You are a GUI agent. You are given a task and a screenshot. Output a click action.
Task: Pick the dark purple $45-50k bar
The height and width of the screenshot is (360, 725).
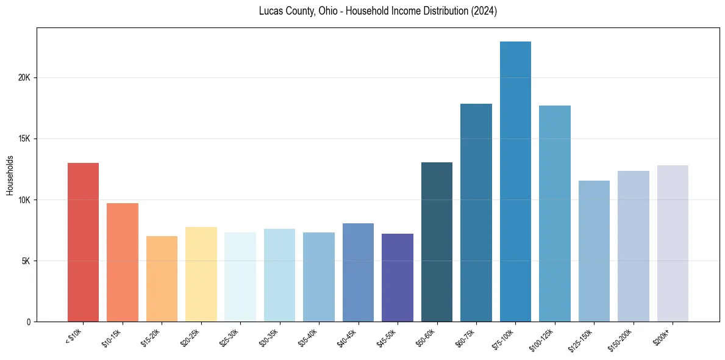click(398, 278)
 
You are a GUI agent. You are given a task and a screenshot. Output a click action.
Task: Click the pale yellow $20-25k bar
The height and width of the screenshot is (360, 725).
click(201, 274)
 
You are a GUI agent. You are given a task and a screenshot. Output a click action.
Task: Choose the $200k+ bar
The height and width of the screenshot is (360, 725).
click(673, 243)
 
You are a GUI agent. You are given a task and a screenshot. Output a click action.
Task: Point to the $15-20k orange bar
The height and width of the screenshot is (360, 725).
click(162, 279)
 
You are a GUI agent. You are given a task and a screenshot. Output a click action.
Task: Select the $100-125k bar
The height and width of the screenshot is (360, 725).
click(555, 214)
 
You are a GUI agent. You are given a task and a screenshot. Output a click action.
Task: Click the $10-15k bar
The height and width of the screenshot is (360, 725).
click(123, 262)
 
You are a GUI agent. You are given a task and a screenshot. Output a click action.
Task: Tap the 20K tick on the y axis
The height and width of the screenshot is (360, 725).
click(24, 78)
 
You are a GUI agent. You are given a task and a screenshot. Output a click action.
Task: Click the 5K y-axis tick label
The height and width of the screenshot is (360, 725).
click(26, 261)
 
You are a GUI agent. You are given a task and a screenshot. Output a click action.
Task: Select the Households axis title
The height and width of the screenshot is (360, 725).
click(10, 175)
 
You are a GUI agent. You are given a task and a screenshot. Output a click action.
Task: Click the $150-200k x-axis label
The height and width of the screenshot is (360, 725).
click(621, 338)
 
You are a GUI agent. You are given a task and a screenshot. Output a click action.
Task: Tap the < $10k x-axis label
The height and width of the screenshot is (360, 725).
click(73, 336)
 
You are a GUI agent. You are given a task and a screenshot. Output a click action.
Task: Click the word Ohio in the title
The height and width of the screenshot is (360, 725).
click(327, 12)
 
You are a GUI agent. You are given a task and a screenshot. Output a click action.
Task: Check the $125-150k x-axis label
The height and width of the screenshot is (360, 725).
click(582, 338)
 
